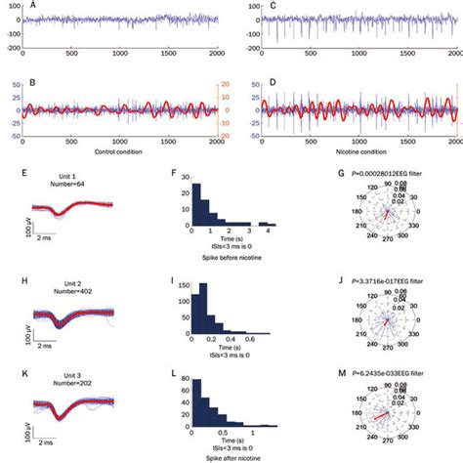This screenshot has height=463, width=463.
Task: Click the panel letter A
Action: [34, 6]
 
